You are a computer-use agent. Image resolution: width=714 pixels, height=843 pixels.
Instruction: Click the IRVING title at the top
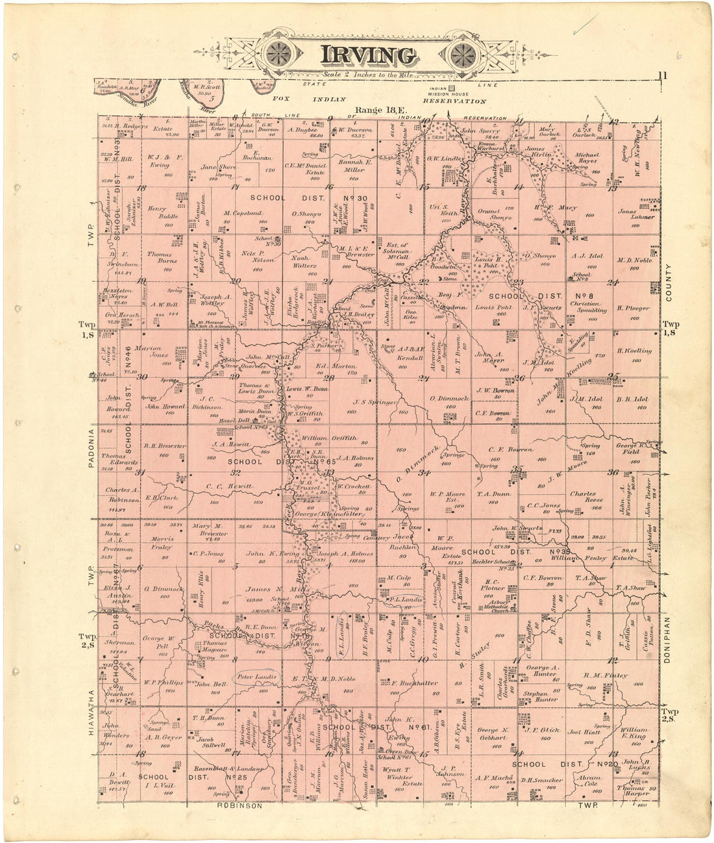coord(367,56)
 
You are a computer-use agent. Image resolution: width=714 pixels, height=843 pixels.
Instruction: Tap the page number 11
coord(661,75)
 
